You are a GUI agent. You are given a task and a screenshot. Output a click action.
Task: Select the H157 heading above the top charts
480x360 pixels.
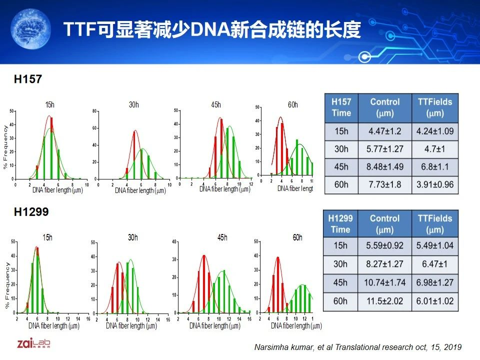28,79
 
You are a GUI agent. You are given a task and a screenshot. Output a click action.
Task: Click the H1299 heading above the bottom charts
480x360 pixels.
31,212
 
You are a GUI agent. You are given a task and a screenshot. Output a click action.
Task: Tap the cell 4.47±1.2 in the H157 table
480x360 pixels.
384,132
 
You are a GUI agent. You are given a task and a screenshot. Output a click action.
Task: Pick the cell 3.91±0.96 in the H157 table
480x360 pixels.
435,184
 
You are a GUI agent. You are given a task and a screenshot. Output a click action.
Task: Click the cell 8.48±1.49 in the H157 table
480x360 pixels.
384,167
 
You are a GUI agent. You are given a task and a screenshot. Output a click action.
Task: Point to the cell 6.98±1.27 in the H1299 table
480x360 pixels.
435,282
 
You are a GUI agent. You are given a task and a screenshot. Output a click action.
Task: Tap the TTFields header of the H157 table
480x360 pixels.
435,107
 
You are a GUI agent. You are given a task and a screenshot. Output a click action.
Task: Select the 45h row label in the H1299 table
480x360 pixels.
340,282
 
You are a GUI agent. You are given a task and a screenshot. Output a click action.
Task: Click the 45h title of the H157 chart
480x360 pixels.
215,105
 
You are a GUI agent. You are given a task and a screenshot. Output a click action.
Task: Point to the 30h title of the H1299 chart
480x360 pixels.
132,237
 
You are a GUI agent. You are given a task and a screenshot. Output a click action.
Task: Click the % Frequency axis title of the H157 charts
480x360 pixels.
6,144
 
